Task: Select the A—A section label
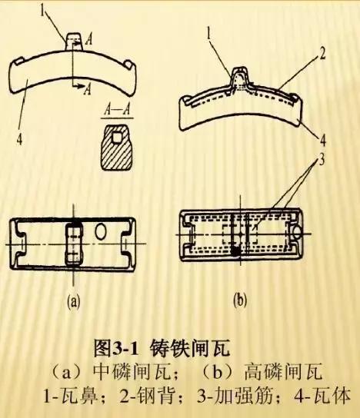click(x=112, y=112)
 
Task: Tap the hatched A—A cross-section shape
click(x=112, y=146)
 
